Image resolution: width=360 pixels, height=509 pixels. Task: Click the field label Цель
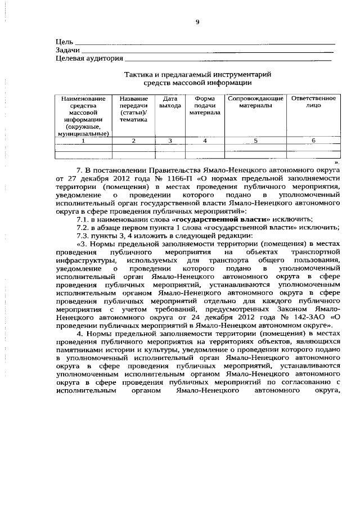pyautogui.click(x=64, y=42)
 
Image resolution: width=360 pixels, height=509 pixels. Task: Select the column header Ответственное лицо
pyautogui.click(x=313, y=102)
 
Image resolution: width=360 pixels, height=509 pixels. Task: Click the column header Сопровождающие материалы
pyautogui.click(x=255, y=102)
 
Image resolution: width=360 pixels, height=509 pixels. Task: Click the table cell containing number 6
pyautogui.click(x=313, y=141)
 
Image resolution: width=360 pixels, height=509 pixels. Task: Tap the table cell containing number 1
pyautogui.click(x=84, y=141)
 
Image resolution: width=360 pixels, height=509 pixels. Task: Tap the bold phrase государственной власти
pyautogui.click(x=223, y=218)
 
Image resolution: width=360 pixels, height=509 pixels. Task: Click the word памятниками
pyautogui.click(x=81, y=349)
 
